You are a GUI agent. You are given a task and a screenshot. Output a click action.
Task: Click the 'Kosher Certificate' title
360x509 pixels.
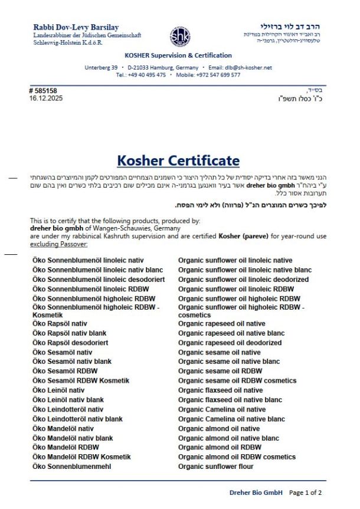point(178,160)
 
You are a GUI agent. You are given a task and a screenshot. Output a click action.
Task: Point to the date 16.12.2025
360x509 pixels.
point(45,98)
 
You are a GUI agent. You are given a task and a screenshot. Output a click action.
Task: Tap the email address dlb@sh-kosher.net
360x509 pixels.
point(247,68)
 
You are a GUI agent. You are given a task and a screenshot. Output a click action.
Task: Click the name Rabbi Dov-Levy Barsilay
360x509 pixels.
point(76,27)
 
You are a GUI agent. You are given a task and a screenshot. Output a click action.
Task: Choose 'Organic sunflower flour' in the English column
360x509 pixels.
point(215,467)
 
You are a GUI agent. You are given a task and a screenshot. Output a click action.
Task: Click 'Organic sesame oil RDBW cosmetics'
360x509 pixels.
point(237,380)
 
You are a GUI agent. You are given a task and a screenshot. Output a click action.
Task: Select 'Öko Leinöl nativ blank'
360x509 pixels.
point(68,400)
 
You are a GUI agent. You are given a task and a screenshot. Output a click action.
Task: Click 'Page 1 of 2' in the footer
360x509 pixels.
point(306,492)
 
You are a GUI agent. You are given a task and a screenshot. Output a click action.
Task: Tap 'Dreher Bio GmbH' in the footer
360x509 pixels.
point(256,492)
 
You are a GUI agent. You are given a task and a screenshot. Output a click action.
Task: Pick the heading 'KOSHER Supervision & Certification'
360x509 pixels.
point(179,55)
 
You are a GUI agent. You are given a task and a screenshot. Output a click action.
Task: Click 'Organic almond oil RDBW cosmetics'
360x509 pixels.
point(237,457)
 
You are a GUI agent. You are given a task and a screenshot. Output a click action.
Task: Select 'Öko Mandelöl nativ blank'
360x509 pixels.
point(73,438)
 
